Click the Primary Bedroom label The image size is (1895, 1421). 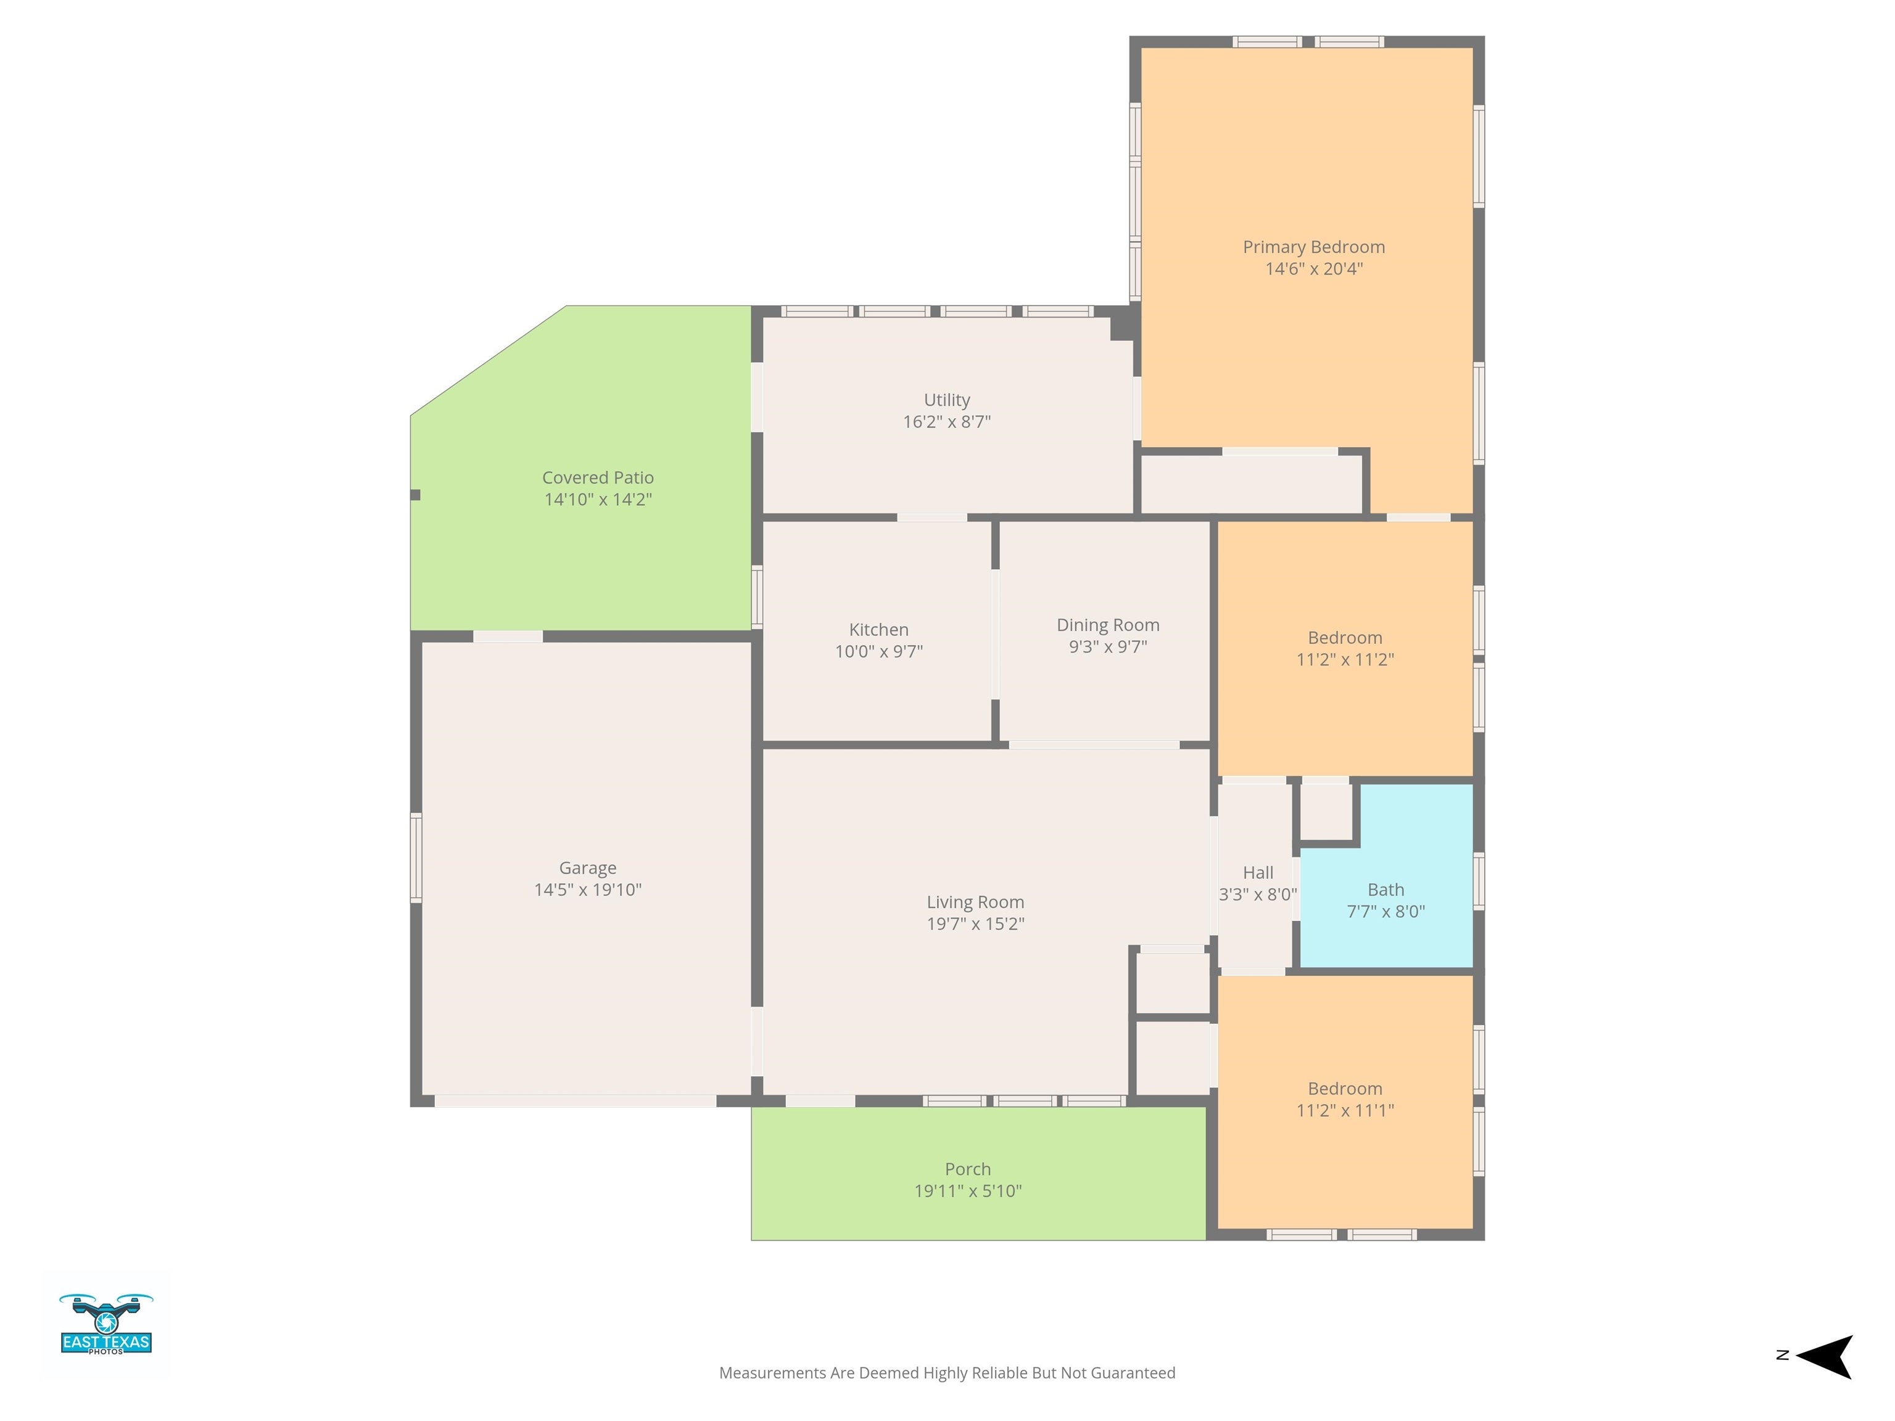click(1313, 247)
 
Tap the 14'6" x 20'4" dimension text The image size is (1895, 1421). click(1313, 269)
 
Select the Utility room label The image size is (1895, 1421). click(947, 400)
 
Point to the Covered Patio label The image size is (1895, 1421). click(597, 478)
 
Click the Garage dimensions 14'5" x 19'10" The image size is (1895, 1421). click(588, 890)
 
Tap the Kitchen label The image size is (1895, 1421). click(878, 630)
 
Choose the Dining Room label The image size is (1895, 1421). click(1108, 625)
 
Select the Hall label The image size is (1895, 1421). click(1258, 873)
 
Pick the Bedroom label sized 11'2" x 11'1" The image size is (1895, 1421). click(1344, 1089)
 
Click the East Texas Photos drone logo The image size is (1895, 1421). click(106, 1324)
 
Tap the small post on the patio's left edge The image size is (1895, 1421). click(416, 495)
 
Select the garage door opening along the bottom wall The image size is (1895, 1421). click(575, 1101)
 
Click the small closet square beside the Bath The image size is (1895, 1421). click(1326, 811)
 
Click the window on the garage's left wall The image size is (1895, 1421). click(416, 857)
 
